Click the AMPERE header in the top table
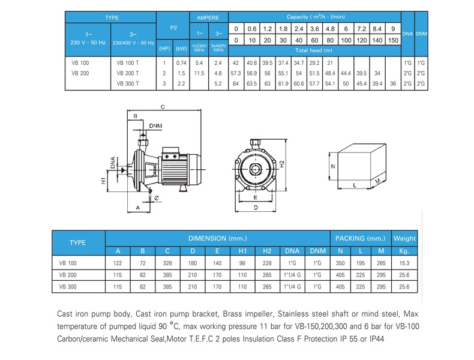point(208,18)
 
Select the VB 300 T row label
point(128,83)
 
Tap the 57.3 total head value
point(236,73)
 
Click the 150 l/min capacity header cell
point(392,40)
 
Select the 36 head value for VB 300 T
point(392,83)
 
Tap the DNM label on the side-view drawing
point(156,126)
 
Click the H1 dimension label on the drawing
point(103,180)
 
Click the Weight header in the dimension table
point(404,238)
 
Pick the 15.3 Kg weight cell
point(404,263)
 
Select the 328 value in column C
point(168,263)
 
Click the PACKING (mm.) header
point(360,238)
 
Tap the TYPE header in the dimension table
point(78,243)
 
